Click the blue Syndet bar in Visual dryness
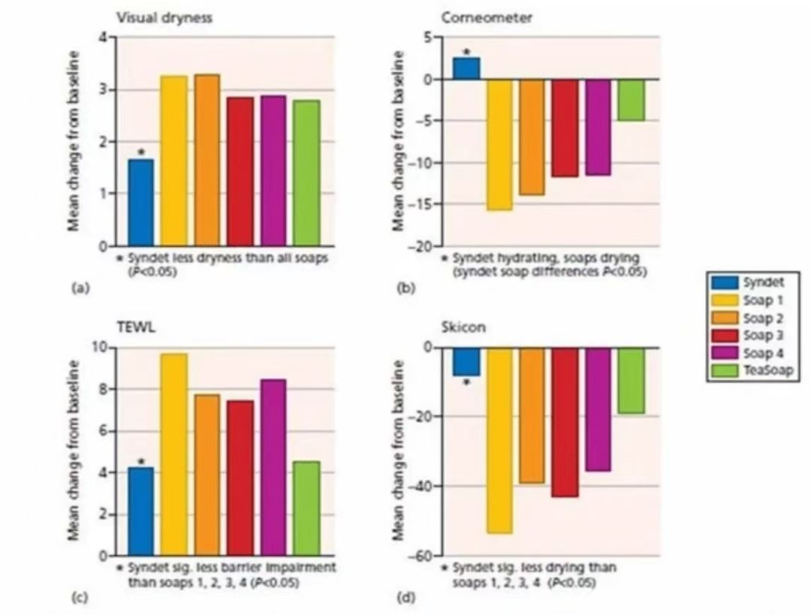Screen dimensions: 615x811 click(140, 202)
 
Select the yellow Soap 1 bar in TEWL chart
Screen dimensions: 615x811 click(174, 454)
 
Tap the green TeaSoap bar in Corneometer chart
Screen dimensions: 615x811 click(632, 100)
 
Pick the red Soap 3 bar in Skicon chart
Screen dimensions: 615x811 click(565, 422)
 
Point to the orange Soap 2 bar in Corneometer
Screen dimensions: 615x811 click(531, 137)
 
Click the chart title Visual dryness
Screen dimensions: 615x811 click(163, 19)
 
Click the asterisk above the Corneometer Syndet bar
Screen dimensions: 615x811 click(466, 52)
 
